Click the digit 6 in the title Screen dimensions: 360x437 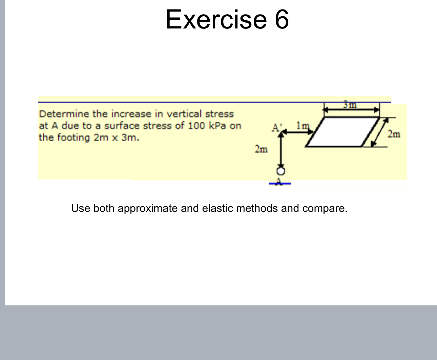pyautogui.click(x=282, y=19)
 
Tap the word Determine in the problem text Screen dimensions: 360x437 pyautogui.click(x=64, y=114)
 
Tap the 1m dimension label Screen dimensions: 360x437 pyautogui.click(x=303, y=125)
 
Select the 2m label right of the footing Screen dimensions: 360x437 pyautogui.click(x=394, y=135)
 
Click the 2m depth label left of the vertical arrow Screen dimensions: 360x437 pyautogui.click(x=261, y=149)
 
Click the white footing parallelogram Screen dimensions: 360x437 pyautogui.click(x=342, y=132)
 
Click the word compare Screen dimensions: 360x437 pyautogui.click(x=324, y=208)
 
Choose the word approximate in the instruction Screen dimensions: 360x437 pyautogui.click(x=148, y=208)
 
